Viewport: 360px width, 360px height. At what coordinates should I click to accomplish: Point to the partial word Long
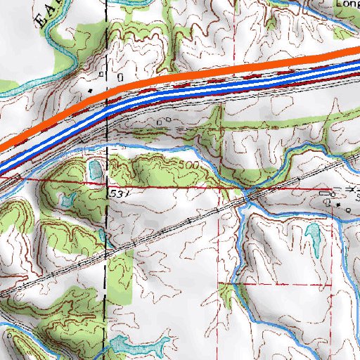[x=347, y=4]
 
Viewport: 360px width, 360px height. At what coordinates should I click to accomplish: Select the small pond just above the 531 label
[x=94, y=169]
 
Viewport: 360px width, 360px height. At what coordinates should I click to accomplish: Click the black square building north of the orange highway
[x=91, y=91]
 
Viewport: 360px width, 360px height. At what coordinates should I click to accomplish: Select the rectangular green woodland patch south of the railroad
[x=120, y=274]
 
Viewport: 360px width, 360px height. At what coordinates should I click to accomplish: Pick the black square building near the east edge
[x=338, y=204]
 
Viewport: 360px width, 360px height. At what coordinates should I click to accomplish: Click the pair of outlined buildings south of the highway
[x=165, y=122]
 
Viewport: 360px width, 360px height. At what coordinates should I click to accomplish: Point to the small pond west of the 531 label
[x=67, y=200]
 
